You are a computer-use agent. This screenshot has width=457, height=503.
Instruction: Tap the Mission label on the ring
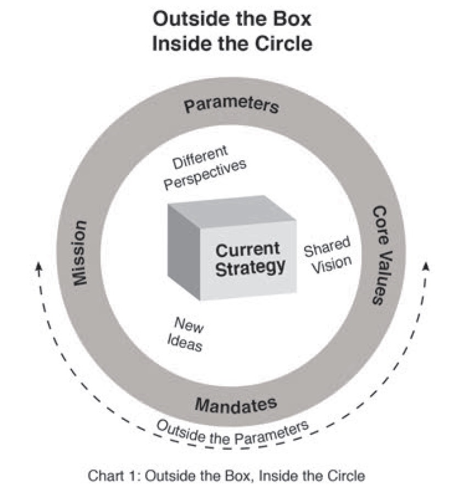(80, 253)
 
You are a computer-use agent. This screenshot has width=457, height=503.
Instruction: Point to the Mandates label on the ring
(236, 406)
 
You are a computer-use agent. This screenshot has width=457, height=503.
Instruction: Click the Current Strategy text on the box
(250, 258)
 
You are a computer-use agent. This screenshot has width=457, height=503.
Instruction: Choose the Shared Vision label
(327, 254)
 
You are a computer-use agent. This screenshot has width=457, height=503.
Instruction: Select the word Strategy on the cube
(250, 267)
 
